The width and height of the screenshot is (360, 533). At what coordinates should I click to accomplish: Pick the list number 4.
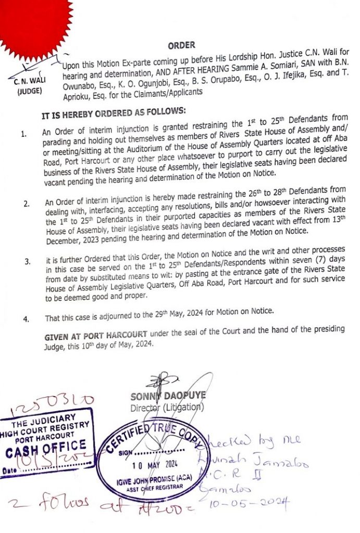click(x=26, y=318)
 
